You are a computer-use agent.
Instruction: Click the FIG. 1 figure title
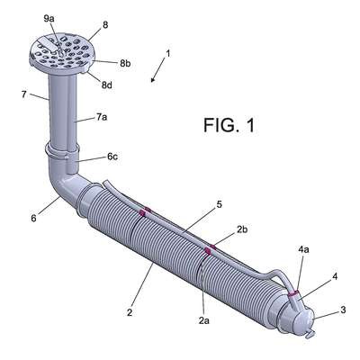[x=229, y=125]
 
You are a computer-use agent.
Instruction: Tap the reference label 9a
[x=49, y=19]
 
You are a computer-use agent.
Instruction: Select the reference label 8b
[x=125, y=64]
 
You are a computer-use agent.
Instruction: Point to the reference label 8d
[x=106, y=85]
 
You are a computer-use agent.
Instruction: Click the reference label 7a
[x=102, y=117]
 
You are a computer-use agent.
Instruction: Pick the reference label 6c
[x=112, y=157]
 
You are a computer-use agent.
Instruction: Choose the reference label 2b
[x=242, y=229]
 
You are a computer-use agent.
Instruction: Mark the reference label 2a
[x=203, y=320]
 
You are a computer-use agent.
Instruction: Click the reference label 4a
[x=303, y=250]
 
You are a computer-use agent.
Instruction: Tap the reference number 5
[x=220, y=204]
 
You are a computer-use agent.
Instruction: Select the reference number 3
[x=343, y=310]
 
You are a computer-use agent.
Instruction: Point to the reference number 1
[x=168, y=53]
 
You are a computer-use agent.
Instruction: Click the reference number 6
[x=33, y=218]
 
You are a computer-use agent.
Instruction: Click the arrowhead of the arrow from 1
[x=153, y=80]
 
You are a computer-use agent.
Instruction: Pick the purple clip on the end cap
[x=293, y=293]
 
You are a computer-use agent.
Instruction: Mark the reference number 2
[x=130, y=313]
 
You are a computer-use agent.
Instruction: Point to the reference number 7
[x=24, y=94]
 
